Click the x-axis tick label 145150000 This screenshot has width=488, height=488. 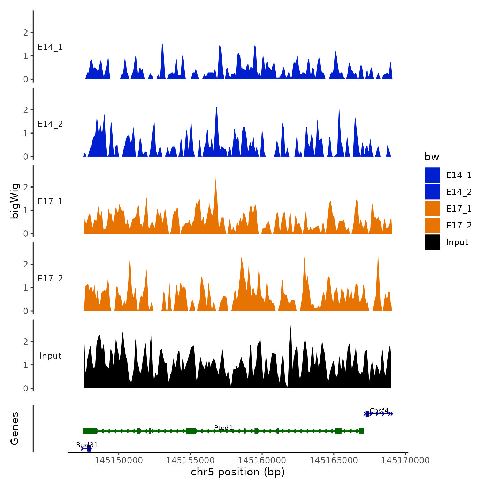[x=119, y=460]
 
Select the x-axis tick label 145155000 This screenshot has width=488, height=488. [x=190, y=460]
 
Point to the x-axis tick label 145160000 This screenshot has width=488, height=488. [x=262, y=460]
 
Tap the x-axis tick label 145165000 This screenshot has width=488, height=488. [x=334, y=460]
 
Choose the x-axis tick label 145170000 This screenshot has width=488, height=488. [x=405, y=460]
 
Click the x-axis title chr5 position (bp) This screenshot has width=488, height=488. [x=238, y=472]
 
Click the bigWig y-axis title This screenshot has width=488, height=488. [x=15, y=201]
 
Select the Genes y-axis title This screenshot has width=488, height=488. [x=15, y=428]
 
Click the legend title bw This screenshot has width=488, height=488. [x=432, y=157]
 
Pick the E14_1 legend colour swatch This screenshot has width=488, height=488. [x=432, y=175]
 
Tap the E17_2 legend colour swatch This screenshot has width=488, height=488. [x=432, y=225]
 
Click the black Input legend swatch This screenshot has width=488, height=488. [x=432, y=242]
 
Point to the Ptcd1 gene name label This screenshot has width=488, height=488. [x=223, y=428]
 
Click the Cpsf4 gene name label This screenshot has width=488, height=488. [x=379, y=410]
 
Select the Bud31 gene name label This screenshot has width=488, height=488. [x=87, y=445]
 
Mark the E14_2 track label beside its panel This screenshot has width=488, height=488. [x=50, y=124]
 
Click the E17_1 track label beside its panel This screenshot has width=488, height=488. [x=50, y=201]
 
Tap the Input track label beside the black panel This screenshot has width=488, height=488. [x=50, y=356]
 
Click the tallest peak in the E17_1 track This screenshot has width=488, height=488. [x=216, y=179]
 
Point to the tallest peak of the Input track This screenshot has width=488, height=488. [x=291, y=325]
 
